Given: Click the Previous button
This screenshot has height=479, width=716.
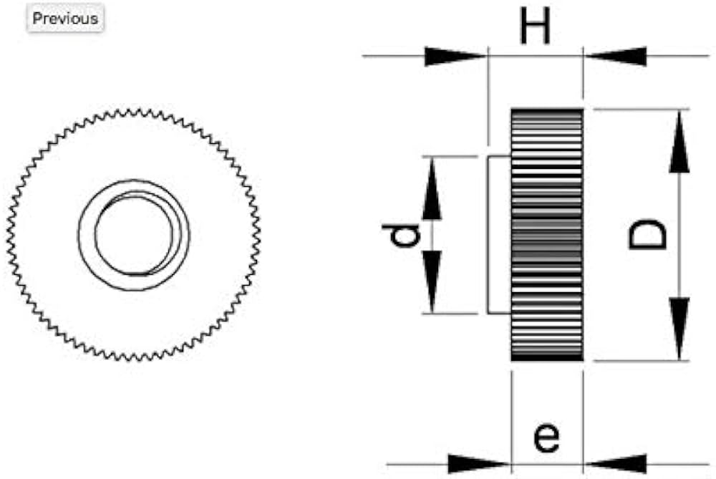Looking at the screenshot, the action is (x=65, y=19).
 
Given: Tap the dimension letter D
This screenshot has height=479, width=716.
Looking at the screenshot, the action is (x=649, y=235).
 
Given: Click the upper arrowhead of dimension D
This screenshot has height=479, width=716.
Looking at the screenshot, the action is (x=679, y=143).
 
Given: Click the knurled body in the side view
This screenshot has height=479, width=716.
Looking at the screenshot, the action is (x=547, y=235).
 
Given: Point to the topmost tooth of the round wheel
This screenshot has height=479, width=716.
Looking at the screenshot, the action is (x=134, y=111).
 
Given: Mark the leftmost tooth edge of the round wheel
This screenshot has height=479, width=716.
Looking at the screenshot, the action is (x=9, y=235).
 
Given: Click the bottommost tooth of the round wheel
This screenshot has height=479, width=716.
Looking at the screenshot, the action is (x=134, y=359).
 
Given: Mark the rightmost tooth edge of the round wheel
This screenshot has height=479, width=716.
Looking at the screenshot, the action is (x=258, y=235).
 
